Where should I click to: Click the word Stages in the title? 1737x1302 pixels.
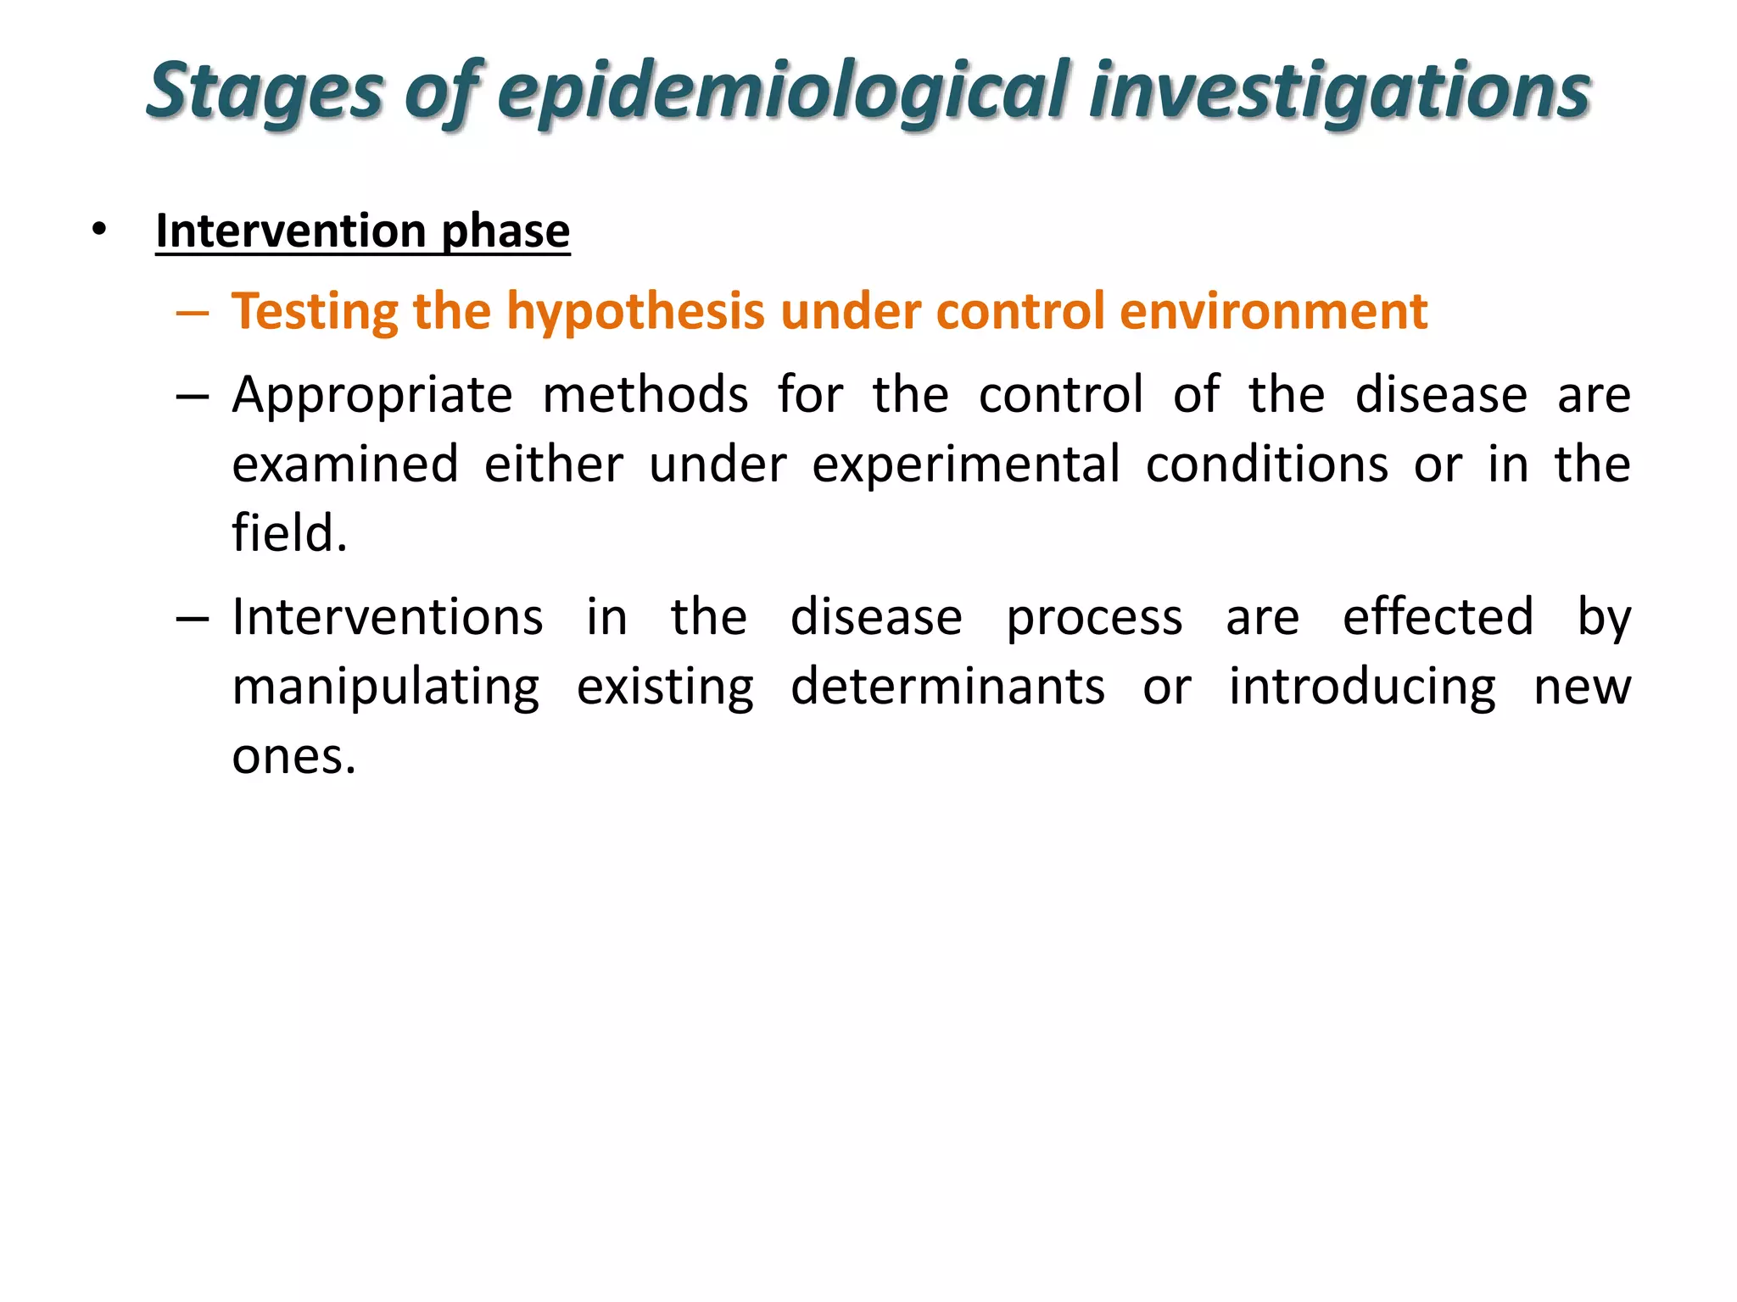click(265, 92)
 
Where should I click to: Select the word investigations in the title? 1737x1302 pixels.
click(1340, 92)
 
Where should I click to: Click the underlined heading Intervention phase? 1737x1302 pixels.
click(363, 231)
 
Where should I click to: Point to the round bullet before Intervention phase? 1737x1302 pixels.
click(100, 230)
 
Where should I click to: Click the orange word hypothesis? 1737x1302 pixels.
click(636, 311)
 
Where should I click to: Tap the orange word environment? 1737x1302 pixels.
click(1273, 311)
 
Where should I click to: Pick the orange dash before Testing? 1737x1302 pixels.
click(193, 313)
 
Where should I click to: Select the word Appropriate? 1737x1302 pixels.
click(372, 396)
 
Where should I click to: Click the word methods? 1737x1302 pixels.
click(645, 396)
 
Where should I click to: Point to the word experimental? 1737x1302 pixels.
click(966, 465)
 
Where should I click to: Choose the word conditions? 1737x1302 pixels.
click(1267, 465)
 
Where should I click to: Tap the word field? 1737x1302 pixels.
click(289, 534)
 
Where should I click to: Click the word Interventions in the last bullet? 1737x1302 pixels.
click(388, 617)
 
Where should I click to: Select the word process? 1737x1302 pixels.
click(1094, 619)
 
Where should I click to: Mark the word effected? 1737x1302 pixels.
click(1438, 617)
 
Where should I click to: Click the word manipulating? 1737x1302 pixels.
click(386, 687)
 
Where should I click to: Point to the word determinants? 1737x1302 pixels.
click(948, 687)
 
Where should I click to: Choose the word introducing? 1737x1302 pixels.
click(1363, 687)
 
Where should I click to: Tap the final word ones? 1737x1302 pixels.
click(293, 756)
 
